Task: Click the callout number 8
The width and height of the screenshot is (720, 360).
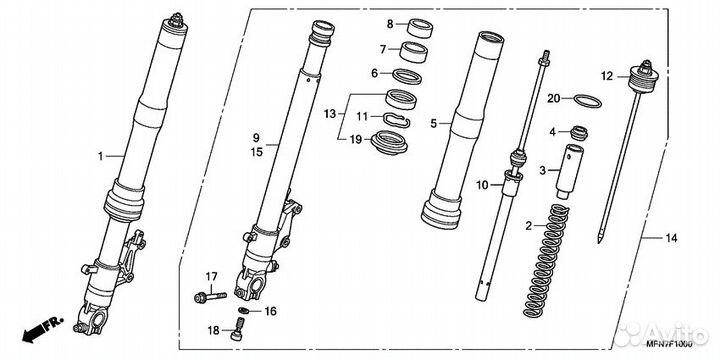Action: click(x=390, y=24)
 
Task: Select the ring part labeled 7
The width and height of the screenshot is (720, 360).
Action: click(x=414, y=51)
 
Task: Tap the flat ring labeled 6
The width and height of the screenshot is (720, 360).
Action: click(x=406, y=76)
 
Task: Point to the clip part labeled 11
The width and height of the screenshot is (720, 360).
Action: click(x=397, y=120)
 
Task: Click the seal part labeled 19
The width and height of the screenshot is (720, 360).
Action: click(x=389, y=143)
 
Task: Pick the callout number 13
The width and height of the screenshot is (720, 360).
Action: click(x=330, y=114)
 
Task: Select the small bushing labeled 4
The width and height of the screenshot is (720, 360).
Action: click(x=579, y=133)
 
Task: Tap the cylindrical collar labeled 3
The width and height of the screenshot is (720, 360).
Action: click(x=568, y=172)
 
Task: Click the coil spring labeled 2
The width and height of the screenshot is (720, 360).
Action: click(x=546, y=261)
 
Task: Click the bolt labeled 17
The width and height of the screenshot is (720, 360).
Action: click(x=210, y=297)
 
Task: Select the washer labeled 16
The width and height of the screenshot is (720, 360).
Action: click(x=244, y=311)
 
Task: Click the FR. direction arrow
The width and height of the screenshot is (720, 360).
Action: click(x=43, y=329)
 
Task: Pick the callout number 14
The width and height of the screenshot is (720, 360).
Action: click(x=671, y=238)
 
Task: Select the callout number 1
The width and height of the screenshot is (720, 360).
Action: click(x=101, y=157)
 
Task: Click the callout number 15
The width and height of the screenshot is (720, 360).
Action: click(x=257, y=151)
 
